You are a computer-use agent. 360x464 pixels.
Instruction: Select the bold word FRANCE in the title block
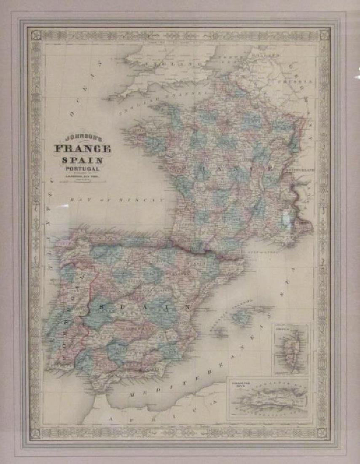tap(82, 149)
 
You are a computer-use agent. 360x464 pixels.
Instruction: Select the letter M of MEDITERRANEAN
tap(132, 396)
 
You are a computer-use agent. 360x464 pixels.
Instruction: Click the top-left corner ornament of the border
tap(35, 34)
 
